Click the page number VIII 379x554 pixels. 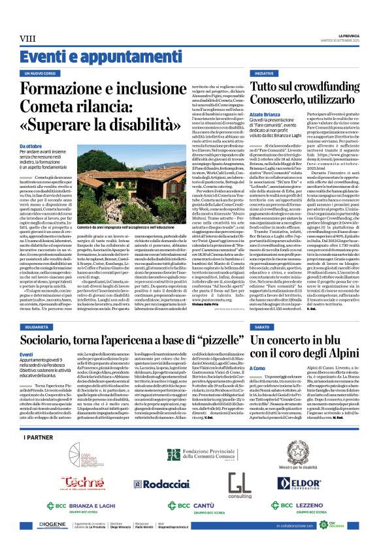(x=28, y=39)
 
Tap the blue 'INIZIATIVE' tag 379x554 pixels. (x=264, y=74)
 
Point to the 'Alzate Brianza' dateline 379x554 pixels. (x=262, y=114)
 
